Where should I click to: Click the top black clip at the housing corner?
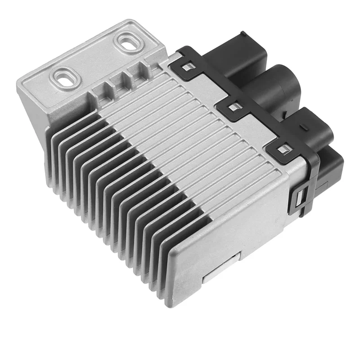click(282, 149)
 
